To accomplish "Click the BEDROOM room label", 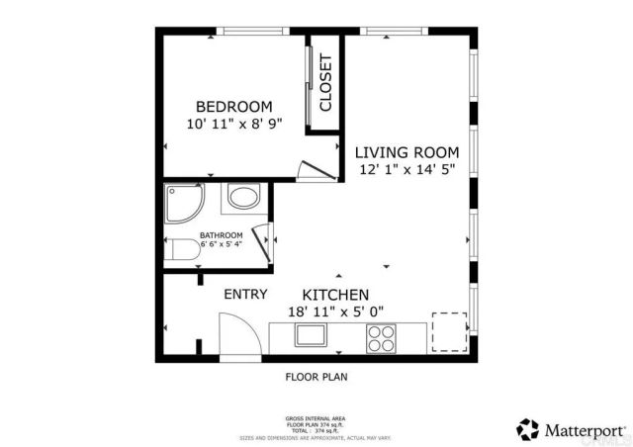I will click(233, 107).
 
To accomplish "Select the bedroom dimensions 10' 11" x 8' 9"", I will click(233, 125).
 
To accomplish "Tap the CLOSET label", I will click(324, 82).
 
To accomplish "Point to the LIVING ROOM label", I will click(407, 152).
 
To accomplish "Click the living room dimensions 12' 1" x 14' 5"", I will click(407, 169).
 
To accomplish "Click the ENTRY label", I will click(246, 295).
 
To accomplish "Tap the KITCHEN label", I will click(335, 295).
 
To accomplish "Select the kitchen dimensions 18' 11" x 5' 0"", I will click(335, 312).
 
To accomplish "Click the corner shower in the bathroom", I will click(184, 202).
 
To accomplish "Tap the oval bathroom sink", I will click(242, 198).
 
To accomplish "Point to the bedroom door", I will click(311, 170).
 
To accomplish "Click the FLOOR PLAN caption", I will click(316, 377).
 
